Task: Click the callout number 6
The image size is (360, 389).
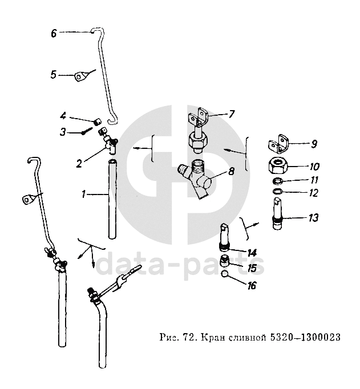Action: [54, 33]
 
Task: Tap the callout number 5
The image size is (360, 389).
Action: [54, 74]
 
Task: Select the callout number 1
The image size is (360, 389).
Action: [84, 195]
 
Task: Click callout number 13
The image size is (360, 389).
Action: [313, 218]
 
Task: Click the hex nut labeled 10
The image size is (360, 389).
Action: [280, 166]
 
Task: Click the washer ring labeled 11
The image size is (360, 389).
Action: [277, 182]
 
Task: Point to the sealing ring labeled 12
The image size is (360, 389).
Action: [277, 192]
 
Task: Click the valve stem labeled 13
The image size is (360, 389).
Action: [278, 217]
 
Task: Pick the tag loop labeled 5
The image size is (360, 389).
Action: [81, 74]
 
